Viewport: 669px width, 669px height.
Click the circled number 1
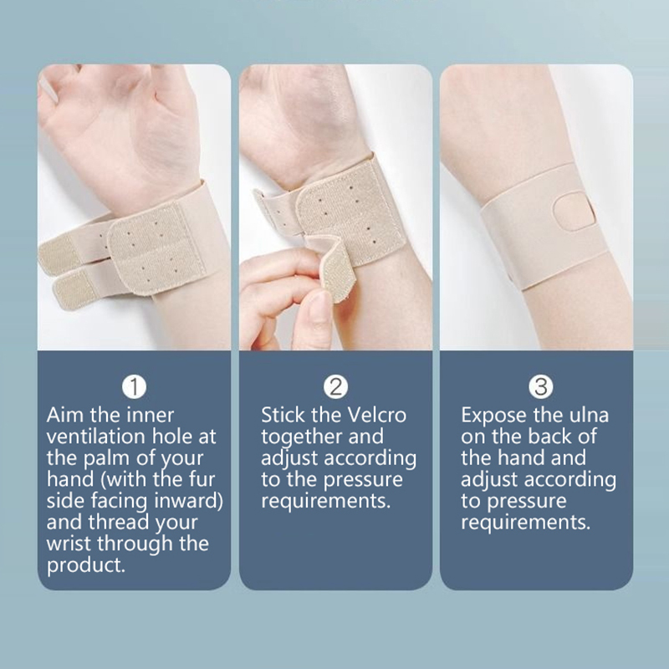click(x=134, y=386)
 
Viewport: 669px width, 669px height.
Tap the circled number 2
click(x=335, y=386)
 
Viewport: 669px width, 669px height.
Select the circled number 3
click(x=540, y=386)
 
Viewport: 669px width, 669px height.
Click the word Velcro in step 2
click(x=377, y=415)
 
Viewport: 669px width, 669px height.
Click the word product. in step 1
click(x=86, y=566)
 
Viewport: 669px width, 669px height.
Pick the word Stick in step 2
click(x=282, y=415)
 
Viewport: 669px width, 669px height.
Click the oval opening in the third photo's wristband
click(x=574, y=212)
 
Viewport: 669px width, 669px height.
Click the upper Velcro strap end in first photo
click(x=59, y=255)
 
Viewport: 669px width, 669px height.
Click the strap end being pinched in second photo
click(x=334, y=268)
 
